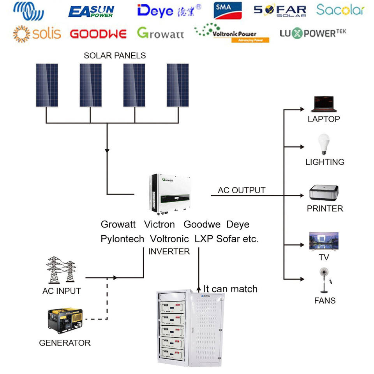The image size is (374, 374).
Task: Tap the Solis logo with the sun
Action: tap(37, 34)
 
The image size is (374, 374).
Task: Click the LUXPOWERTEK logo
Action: tap(313, 33)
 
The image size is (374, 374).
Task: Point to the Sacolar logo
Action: tap(340, 10)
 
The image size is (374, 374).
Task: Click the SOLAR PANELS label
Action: tap(115, 55)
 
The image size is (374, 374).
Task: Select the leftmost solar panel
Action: tap(48, 85)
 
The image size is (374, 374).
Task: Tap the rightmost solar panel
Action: tap(178, 85)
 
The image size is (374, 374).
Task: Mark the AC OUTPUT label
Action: tap(242, 190)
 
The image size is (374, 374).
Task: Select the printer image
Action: tap(324, 192)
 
